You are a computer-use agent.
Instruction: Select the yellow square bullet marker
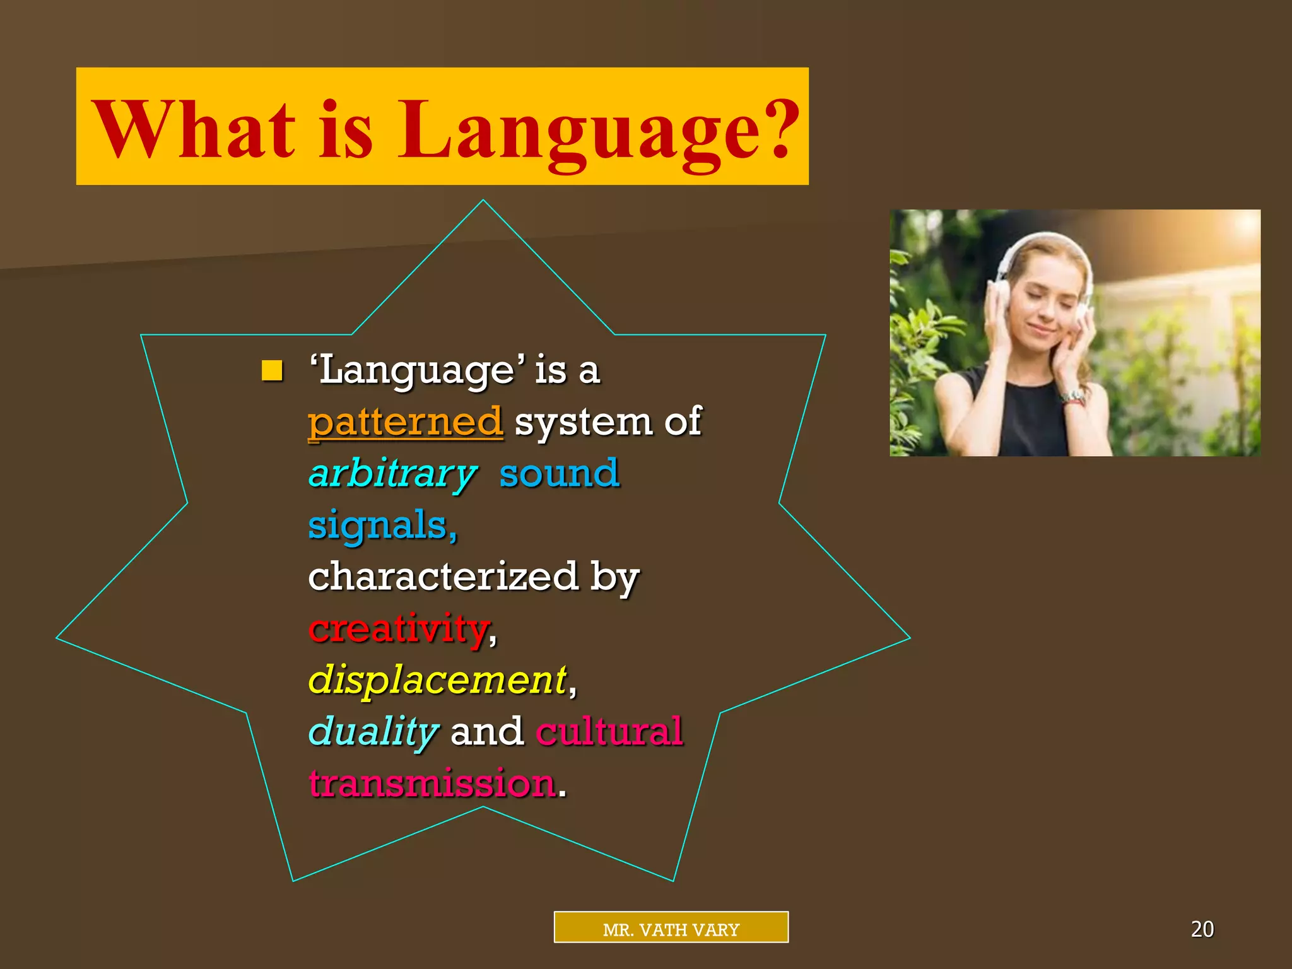[x=272, y=370]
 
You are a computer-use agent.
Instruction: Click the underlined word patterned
[x=405, y=422]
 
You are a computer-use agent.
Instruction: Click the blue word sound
[x=559, y=474]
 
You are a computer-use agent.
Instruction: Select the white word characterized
[x=443, y=577]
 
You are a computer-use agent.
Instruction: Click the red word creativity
[x=399, y=629]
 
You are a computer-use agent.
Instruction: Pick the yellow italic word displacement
[x=437, y=680]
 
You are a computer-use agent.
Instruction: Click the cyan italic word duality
[x=373, y=732]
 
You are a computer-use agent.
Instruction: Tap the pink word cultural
[x=609, y=732]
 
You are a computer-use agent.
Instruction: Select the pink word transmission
[x=433, y=784]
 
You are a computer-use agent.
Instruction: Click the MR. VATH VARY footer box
[x=671, y=927]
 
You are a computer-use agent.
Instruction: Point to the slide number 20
[x=1202, y=929]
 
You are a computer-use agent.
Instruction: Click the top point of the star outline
[x=483, y=201]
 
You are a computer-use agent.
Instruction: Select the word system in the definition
[x=583, y=422]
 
